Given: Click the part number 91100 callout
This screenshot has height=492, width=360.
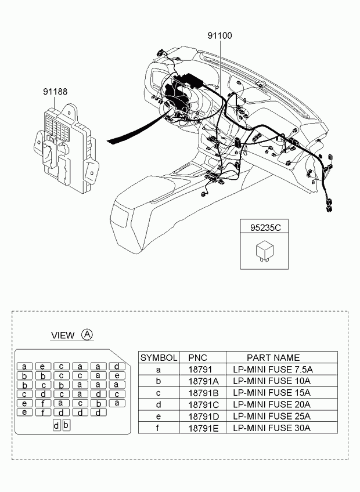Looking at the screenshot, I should tap(220, 35).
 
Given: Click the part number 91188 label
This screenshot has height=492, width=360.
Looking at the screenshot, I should tap(55, 92).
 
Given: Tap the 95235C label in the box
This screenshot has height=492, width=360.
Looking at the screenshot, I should tap(265, 228).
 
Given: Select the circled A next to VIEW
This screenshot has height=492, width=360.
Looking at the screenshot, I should tap(87, 334).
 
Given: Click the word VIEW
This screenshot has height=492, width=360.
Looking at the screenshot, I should tap(63, 335).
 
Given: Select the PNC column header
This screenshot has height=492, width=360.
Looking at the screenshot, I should tap(197, 357).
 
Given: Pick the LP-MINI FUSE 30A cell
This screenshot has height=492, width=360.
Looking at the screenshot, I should tap(272, 428).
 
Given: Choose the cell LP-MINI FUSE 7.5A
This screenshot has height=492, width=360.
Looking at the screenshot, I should tap(273, 369).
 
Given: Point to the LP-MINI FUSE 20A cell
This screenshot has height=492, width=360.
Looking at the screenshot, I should tap(272, 404).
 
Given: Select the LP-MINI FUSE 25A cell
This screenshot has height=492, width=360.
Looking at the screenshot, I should tap(272, 416).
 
